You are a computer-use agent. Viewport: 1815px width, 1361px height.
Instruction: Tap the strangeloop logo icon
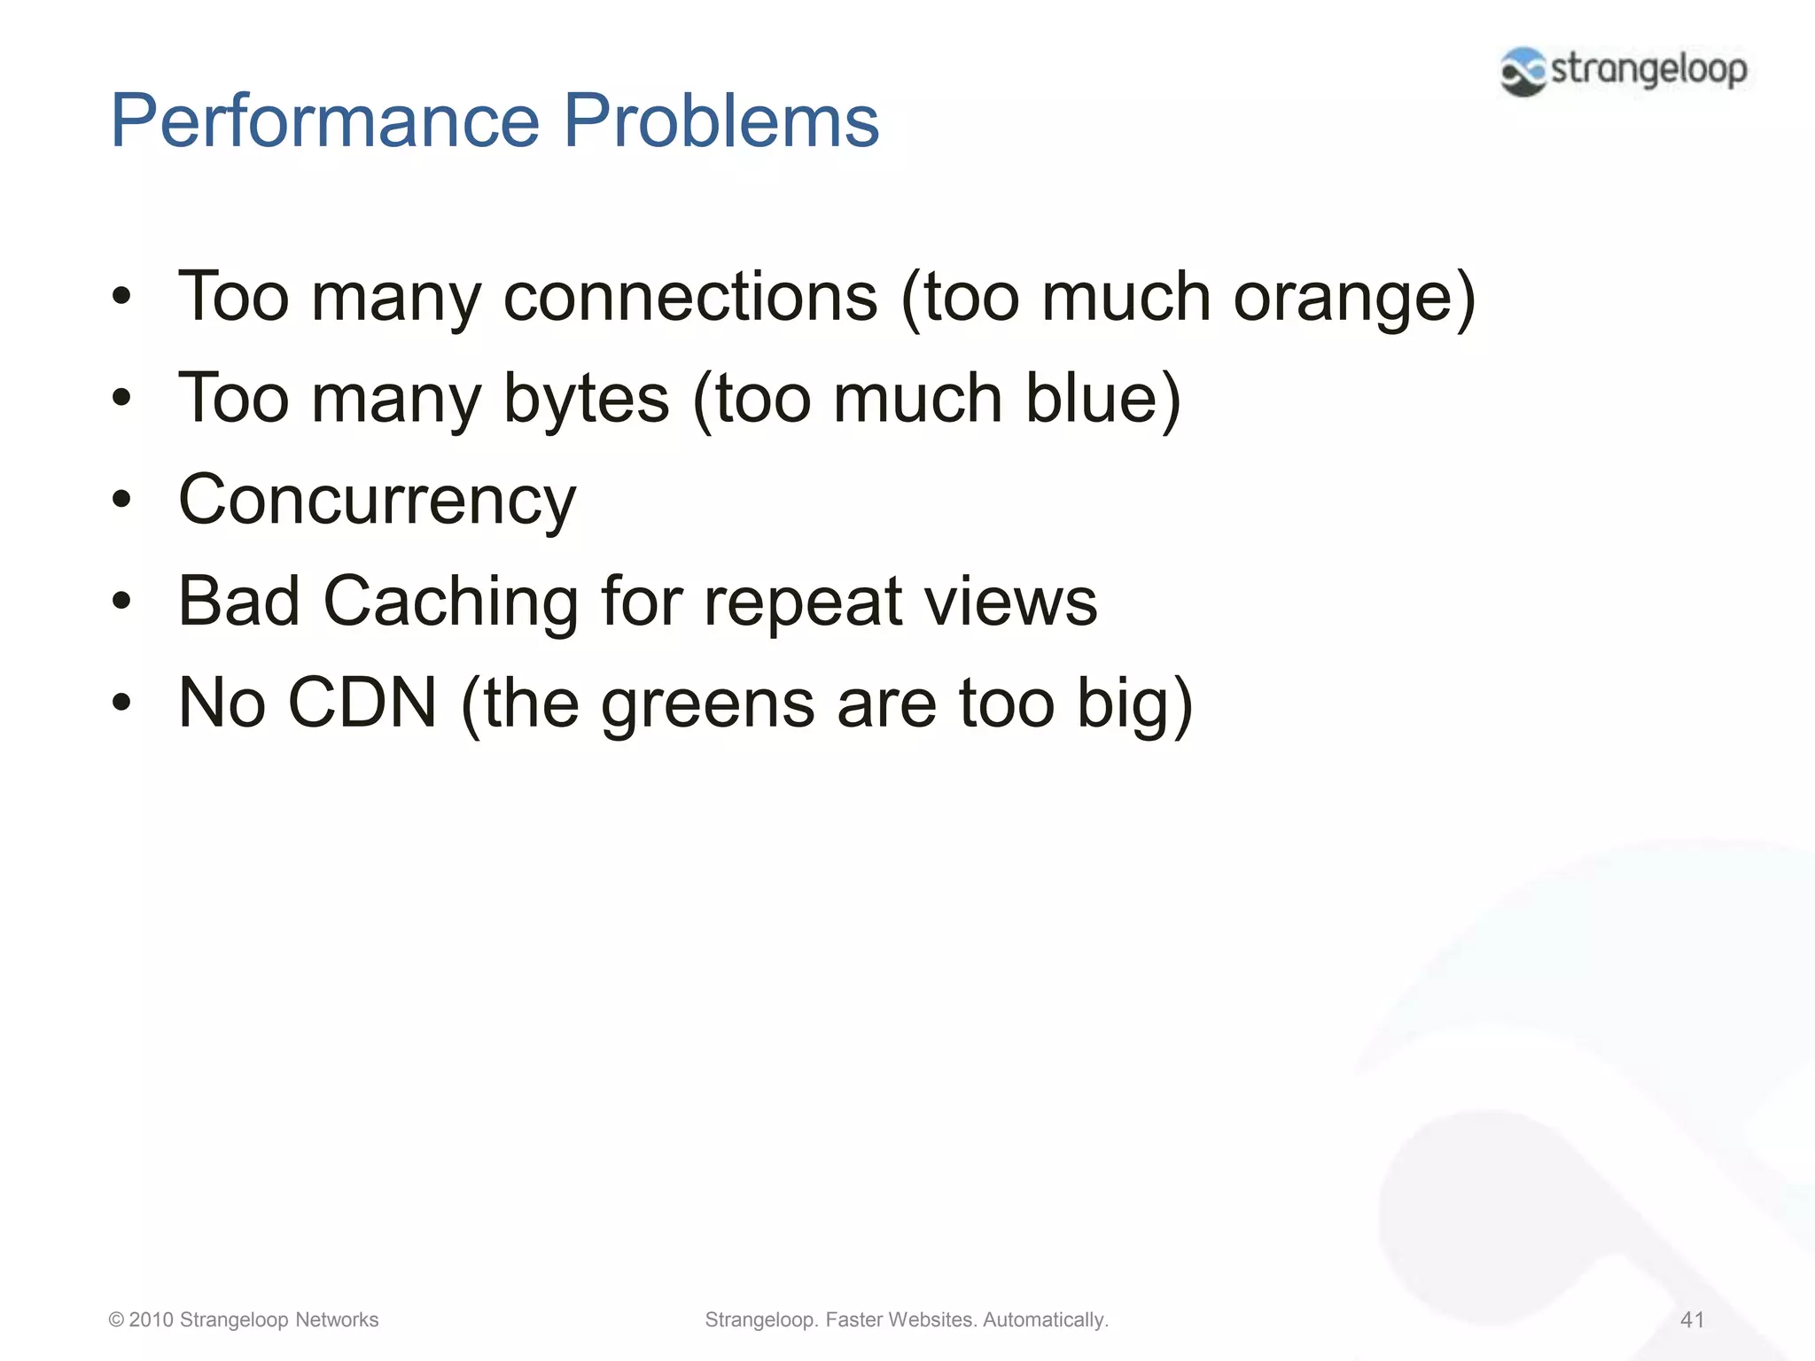tap(1523, 71)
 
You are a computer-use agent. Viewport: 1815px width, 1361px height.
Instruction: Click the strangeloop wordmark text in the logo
tap(1648, 69)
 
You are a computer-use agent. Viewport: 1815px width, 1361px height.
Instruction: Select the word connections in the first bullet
tap(690, 297)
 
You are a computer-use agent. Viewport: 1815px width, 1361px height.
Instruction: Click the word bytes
tap(586, 399)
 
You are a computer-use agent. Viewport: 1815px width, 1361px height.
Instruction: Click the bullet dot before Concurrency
tap(121, 500)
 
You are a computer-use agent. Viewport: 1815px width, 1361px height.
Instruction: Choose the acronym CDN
tap(363, 704)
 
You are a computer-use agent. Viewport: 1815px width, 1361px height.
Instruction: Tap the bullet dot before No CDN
tap(121, 704)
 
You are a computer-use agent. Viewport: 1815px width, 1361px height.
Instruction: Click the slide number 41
tap(1692, 1319)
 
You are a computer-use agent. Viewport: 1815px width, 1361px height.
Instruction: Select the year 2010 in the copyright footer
tap(151, 1319)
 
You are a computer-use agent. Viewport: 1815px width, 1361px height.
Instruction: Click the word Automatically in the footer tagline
tap(1045, 1319)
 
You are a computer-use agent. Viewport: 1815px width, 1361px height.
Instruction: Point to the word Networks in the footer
tap(337, 1319)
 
